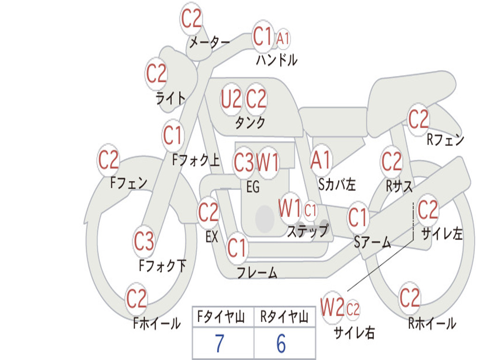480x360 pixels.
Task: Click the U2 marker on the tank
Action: coord(231,99)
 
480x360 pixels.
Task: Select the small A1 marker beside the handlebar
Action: coord(283,38)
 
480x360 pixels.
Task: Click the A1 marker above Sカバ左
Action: coord(321,160)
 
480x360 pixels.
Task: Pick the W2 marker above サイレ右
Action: coord(332,307)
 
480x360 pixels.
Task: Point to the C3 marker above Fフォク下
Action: coord(144,241)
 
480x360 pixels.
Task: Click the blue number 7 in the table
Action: coord(219,343)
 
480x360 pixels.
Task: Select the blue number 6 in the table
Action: coord(281,343)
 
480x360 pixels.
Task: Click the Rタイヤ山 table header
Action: coord(284,317)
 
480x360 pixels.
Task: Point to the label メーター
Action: coord(210,43)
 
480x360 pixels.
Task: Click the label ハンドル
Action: coord(277,60)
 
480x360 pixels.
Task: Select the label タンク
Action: coord(250,123)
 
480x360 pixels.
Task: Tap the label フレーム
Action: coord(257,272)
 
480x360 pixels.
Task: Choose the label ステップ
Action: coord(308,231)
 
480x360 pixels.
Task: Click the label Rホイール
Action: coord(432,323)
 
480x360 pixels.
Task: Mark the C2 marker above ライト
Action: coord(156,74)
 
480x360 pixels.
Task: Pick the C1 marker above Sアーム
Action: coord(358,217)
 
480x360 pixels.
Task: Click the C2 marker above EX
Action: coord(208,212)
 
